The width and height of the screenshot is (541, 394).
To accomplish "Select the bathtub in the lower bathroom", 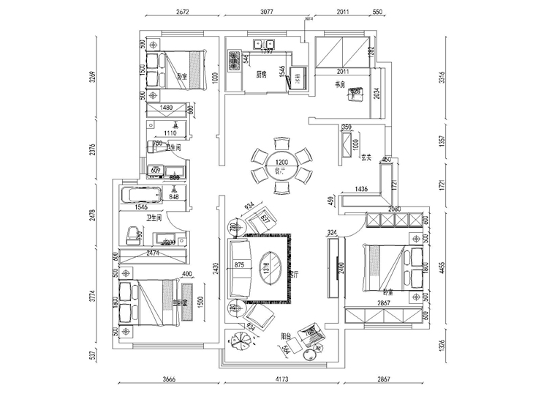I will point(140,196).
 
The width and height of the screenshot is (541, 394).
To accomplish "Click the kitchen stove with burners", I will point(235,60).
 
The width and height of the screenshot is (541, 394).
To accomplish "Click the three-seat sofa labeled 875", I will point(240,266).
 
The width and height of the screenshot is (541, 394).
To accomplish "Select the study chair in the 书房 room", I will point(357,94).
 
